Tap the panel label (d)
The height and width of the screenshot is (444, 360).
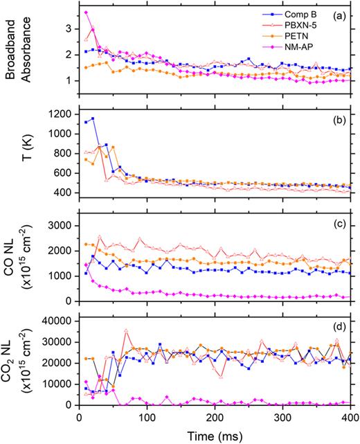[340, 325]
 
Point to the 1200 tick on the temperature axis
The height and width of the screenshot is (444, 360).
[57, 114]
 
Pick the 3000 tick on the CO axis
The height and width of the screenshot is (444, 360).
[57, 226]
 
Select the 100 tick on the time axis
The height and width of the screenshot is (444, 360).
[145, 418]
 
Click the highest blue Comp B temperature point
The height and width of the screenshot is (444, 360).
[92, 118]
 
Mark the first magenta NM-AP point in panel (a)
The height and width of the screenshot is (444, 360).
[86, 12]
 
